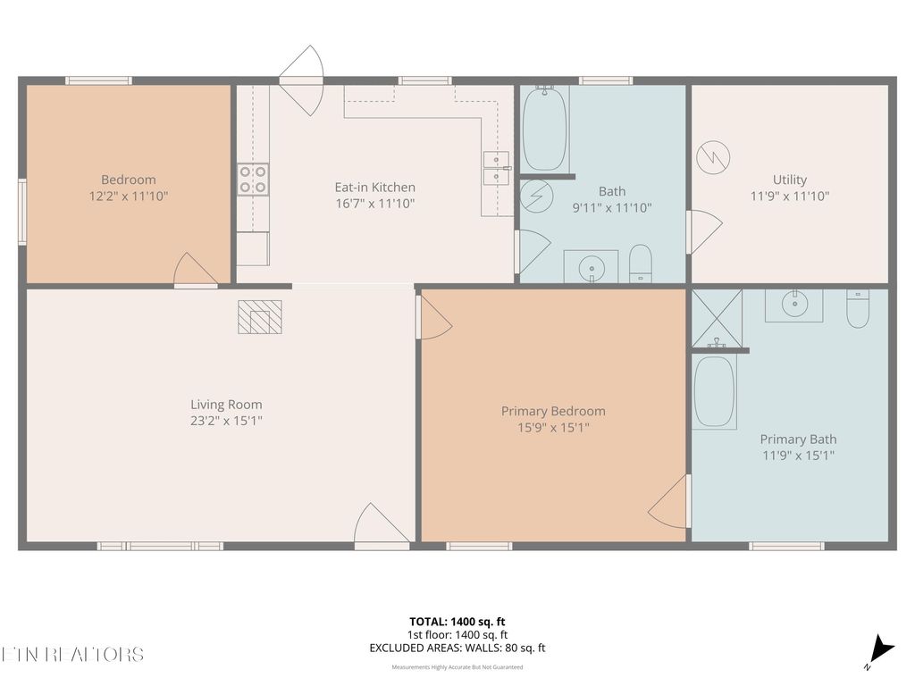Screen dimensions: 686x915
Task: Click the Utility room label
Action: (790, 180)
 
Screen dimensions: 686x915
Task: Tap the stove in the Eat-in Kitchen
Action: (253, 179)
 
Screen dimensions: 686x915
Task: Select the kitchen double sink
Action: (496, 168)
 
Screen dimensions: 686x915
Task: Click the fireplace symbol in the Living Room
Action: (260, 317)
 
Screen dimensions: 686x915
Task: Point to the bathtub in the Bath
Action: (544, 129)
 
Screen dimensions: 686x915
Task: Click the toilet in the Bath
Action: (641, 264)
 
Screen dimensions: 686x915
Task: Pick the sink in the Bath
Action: (591, 266)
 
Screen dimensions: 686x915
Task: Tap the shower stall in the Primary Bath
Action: (717, 317)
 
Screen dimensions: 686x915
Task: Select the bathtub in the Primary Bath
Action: (715, 391)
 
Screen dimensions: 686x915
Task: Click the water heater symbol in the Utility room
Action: (714, 157)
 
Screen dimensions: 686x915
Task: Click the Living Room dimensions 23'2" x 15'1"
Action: (226, 421)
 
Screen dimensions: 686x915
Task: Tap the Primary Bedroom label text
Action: (553, 411)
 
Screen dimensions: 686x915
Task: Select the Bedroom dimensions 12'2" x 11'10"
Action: (129, 196)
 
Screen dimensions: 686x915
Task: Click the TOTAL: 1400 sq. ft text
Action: (457, 622)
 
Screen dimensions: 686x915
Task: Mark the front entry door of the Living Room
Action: (382, 527)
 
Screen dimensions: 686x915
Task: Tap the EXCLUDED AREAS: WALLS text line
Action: (457, 648)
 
